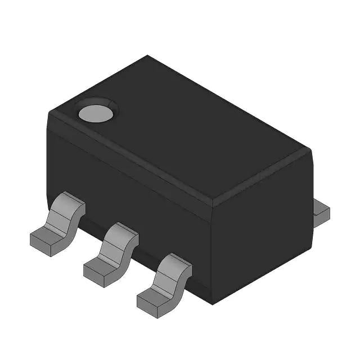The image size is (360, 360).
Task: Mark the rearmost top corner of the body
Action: (147, 56)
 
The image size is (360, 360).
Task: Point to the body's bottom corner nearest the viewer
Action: (211, 304)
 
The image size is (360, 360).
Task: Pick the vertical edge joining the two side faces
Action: (211, 253)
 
